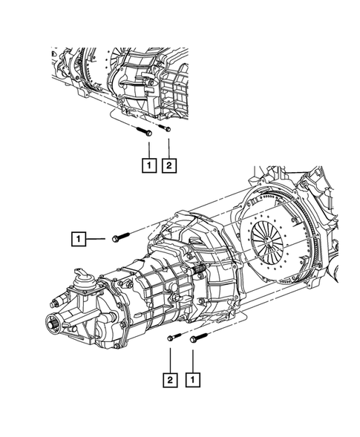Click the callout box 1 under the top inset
tap(149, 165)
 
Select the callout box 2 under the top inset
tap(169, 165)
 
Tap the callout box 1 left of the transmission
tap(79, 239)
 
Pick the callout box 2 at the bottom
tap(170, 380)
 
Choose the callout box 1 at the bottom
tap(193, 380)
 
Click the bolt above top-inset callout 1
tap(144, 131)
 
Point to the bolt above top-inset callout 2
tap(165, 128)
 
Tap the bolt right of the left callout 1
tap(120, 237)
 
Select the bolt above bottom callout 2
tap(174, 337)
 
